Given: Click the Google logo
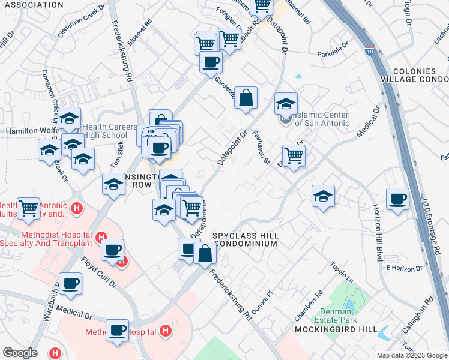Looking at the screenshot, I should [x=20, y=353].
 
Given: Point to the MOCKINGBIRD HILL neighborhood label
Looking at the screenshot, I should [x=336, y=329].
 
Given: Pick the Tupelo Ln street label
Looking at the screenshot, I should [x=340, y=271].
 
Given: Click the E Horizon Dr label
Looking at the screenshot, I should [x=401, y=268].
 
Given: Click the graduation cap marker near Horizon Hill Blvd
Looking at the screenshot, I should [x=323, y=196].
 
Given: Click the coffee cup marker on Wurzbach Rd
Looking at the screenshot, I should [x=70, y=283].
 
